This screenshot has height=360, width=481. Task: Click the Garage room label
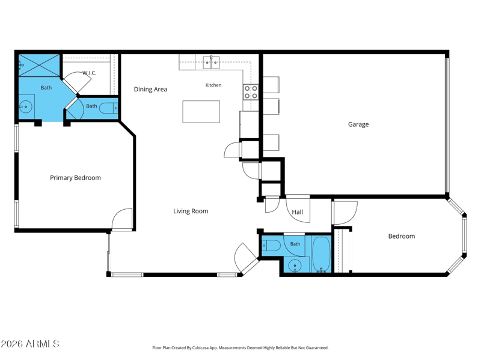[x=358, y=124]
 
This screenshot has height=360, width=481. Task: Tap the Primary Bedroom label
[x=75, y=178]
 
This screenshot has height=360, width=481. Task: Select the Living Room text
[x=191, y=212]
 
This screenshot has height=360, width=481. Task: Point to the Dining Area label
[x=150, y=89]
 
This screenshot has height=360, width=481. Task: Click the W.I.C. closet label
[x=89, y=73]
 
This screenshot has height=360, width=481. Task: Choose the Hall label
[x=297, y=212]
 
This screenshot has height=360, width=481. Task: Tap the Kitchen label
[x=213, y=85]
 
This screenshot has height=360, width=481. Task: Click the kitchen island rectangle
[x=201, y=112]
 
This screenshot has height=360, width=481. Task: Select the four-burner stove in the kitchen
[x=251, y=92]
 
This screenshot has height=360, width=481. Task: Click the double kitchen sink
[x=212, y=63]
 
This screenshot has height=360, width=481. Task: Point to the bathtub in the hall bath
[x=321, y=254]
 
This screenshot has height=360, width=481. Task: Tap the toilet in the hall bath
[x=271, y=245]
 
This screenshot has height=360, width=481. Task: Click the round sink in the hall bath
[x=295, y=266]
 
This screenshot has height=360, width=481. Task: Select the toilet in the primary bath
[x=109, y=108]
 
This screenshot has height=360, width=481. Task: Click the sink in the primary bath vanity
[x=25, y=107]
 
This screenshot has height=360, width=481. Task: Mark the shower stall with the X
[x=39, y=66]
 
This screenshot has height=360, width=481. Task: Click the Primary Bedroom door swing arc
[x=118, y=215]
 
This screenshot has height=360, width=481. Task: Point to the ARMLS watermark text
[x=30, y=344]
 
